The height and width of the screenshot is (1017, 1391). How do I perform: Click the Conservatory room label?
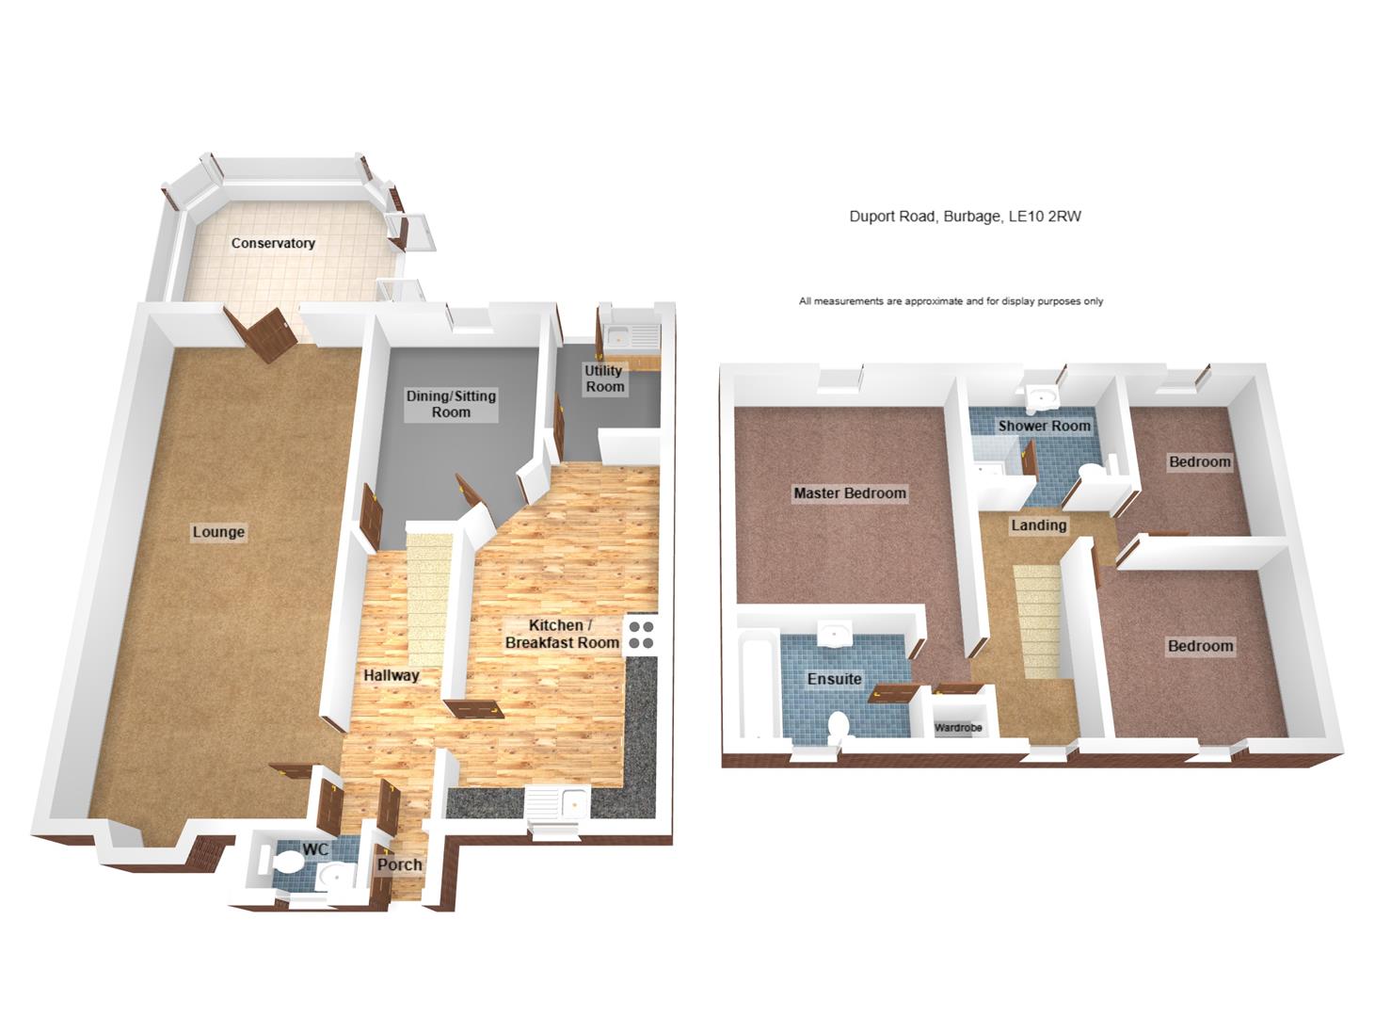point(273,243)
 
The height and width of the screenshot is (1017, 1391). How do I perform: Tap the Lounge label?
point(218,532)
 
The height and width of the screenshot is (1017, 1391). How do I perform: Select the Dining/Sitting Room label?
point(451,404)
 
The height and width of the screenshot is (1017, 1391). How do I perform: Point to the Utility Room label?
point(604,379)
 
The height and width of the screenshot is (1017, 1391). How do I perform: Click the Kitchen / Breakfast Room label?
point(561,634)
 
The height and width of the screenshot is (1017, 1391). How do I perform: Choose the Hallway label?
point(392,675)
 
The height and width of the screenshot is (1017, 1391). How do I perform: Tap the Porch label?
point(399,864)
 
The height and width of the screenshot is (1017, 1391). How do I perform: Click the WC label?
point(317,849)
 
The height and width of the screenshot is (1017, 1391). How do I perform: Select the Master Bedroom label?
point(849,492)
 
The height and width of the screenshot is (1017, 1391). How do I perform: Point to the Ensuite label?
point(834,678)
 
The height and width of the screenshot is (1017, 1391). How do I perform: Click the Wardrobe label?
point(958,728)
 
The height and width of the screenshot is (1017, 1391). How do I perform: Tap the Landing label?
point(1038,525)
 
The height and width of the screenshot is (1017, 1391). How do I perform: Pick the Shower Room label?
point(1044,426)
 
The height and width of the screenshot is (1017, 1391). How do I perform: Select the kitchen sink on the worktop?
point(559,805)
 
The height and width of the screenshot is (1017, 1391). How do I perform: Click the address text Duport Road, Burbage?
point(966,217)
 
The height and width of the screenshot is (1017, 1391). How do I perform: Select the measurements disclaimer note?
point(951,301)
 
